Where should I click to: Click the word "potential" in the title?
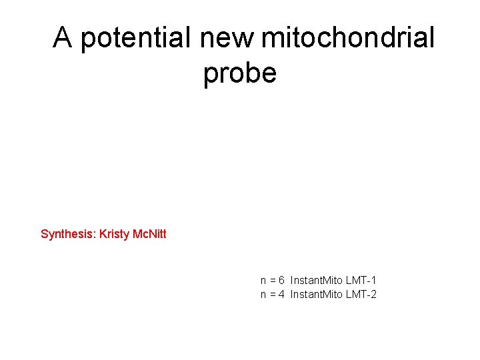coord(137,39)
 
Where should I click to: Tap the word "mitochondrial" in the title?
coord(347,39)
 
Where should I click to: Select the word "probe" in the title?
coord(240,73)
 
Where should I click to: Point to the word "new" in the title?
coord(227,39)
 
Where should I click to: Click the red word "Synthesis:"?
coord(69,234)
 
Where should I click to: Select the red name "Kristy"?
coord(114,234)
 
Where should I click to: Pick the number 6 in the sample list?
coord(282,281)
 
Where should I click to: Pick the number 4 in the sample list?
coord(282,294)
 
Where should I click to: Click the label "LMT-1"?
coord(361,281)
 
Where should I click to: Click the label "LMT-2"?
coord(361,294)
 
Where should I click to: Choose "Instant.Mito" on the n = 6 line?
coord(317,281)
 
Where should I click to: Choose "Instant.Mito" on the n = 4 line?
coord(317,294)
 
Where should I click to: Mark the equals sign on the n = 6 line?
coord(273,281)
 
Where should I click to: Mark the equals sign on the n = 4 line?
coord(273,294)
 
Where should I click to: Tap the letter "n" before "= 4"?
coord(263,295)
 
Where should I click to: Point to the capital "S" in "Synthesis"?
coord(45,234)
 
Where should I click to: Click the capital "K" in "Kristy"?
coord(103,234)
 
